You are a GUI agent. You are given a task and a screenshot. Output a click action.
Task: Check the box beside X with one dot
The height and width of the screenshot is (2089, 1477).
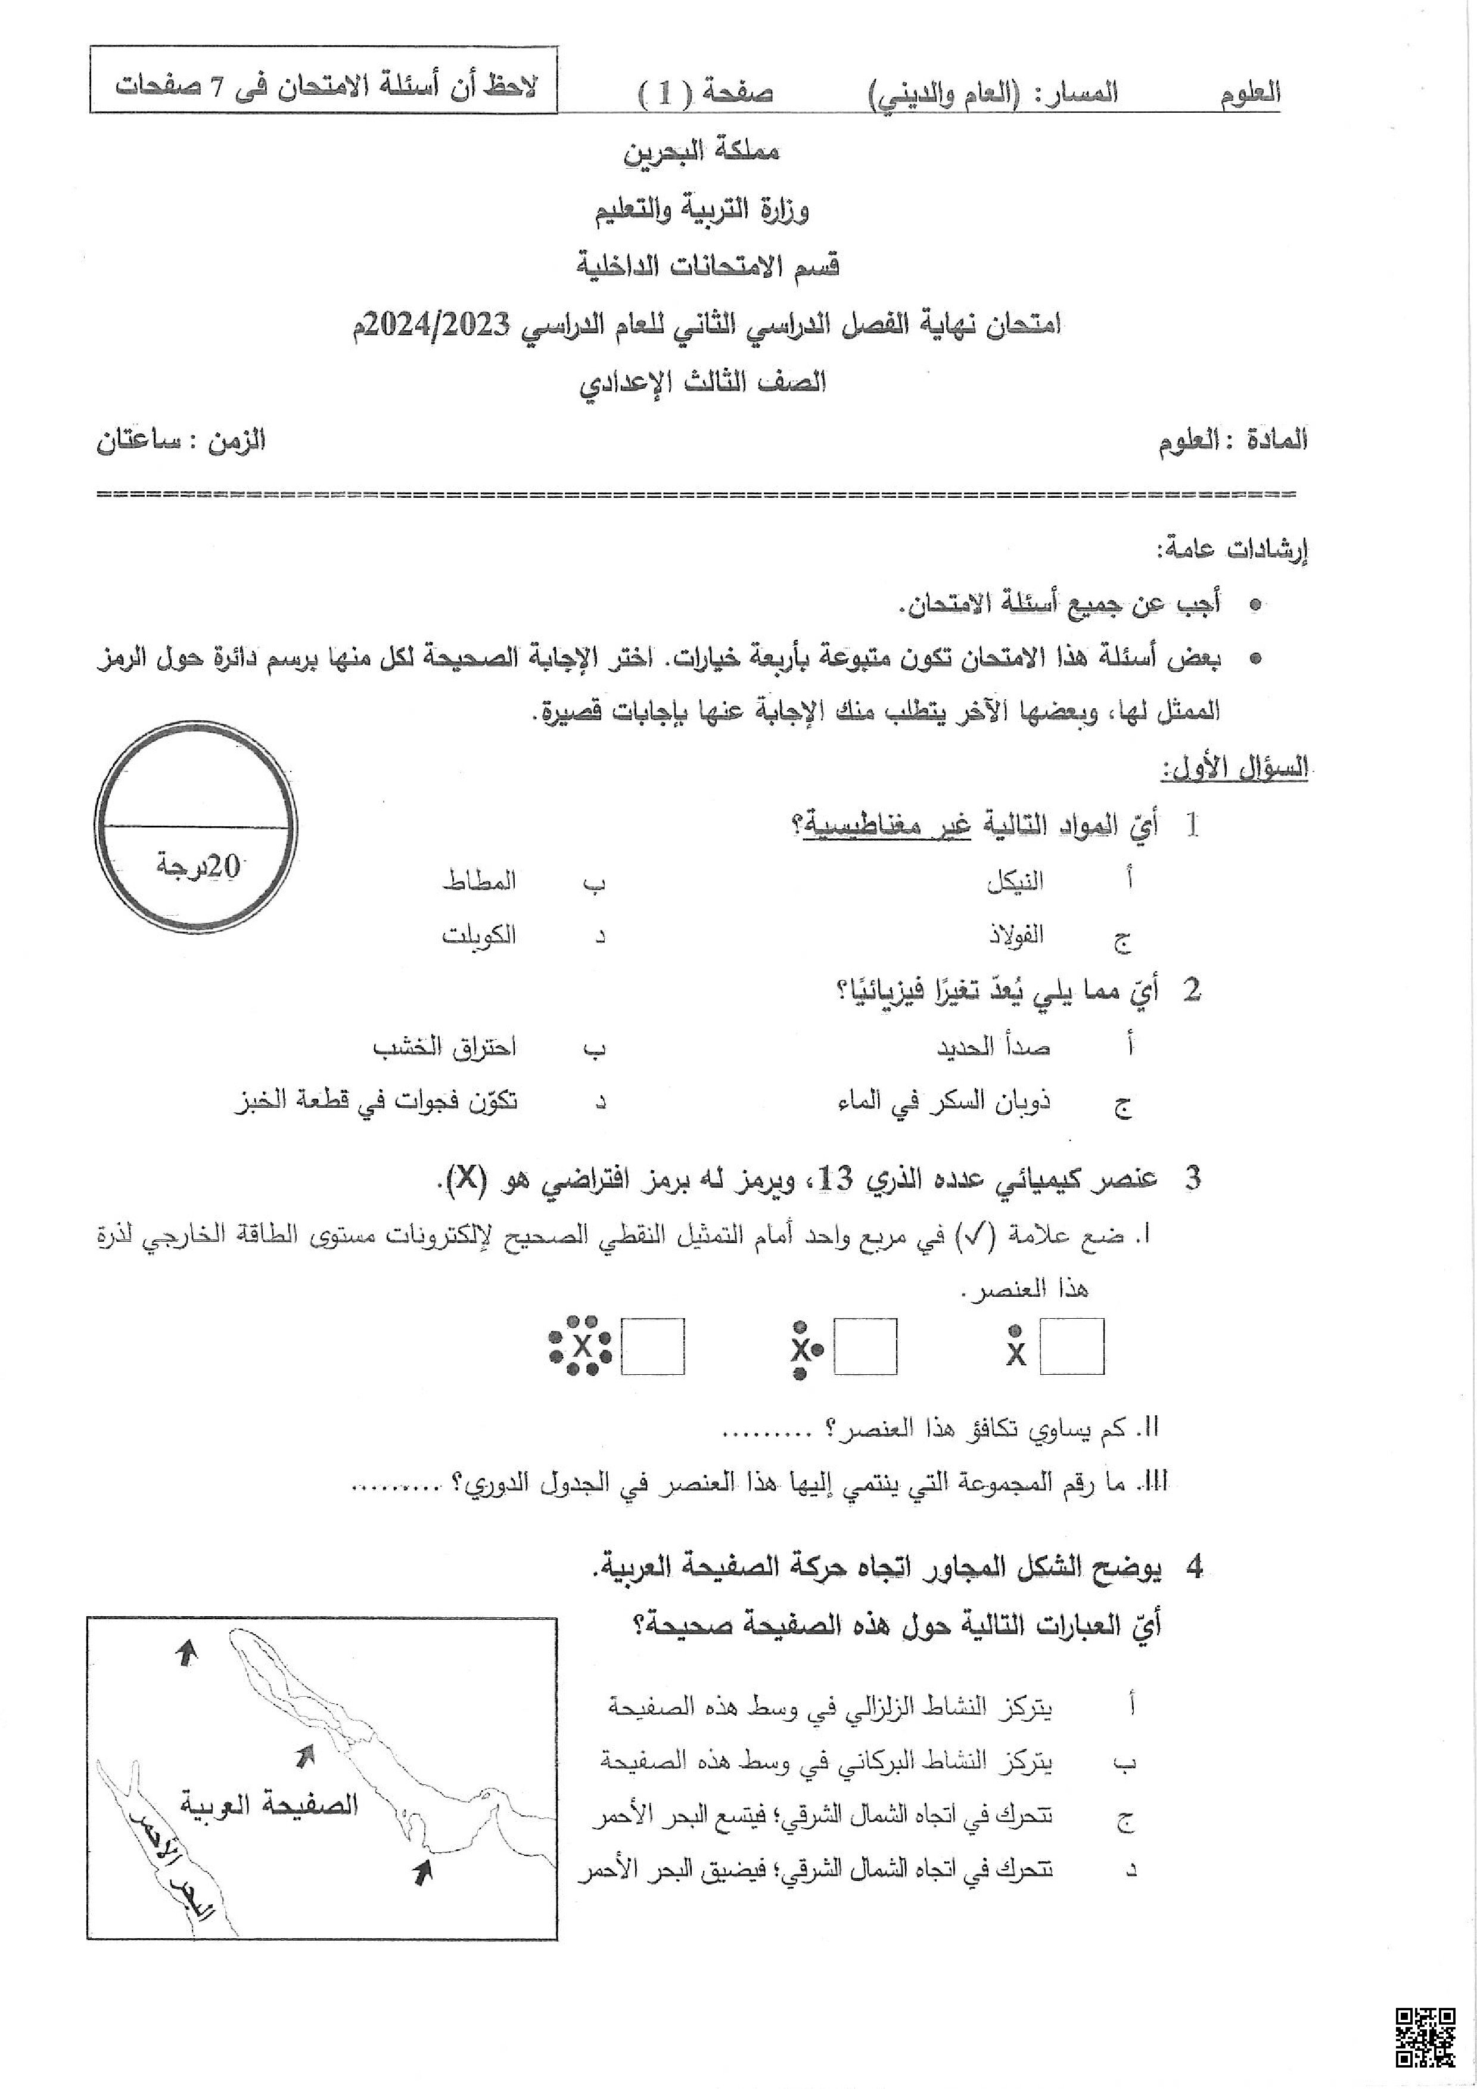pyautogui.click(x=1072, y=1347)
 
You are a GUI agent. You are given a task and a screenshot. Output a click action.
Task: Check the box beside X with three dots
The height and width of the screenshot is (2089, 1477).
pyautogui.click(x=865, y=1347)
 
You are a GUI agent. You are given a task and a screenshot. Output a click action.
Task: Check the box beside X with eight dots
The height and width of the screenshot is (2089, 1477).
pyautogui.click(x=653, y=1347)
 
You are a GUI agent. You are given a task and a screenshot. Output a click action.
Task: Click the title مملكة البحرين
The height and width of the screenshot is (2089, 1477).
pyautogui.click(x=702, y=152)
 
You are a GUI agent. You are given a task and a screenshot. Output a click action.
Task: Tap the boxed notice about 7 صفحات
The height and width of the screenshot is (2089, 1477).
pyautogui.click(x=324, y=88)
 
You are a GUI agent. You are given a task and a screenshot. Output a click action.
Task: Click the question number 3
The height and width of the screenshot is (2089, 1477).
pyautogui.click(x=1192, y=1179)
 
